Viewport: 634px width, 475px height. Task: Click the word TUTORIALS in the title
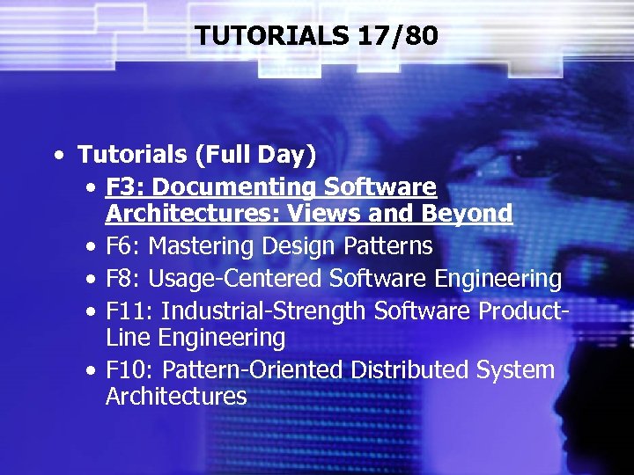(x=273, y=36)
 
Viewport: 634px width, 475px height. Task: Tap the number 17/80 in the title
(x=398, y=36)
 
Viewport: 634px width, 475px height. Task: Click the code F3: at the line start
(x=123, y=187)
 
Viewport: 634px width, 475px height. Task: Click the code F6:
(x=123, y=245)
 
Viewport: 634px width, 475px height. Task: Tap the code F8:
(x=123, y=279)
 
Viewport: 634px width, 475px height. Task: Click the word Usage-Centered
(x=235, y=279)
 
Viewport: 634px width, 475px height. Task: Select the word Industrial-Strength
(x=264, y=311)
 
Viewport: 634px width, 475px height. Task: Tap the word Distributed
(x=409, y=369)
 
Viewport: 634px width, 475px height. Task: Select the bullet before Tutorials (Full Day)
(x=58, y=156)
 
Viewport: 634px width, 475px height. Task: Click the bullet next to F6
(x=92, y=246)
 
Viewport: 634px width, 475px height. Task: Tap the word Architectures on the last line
(x=176, y=396)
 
